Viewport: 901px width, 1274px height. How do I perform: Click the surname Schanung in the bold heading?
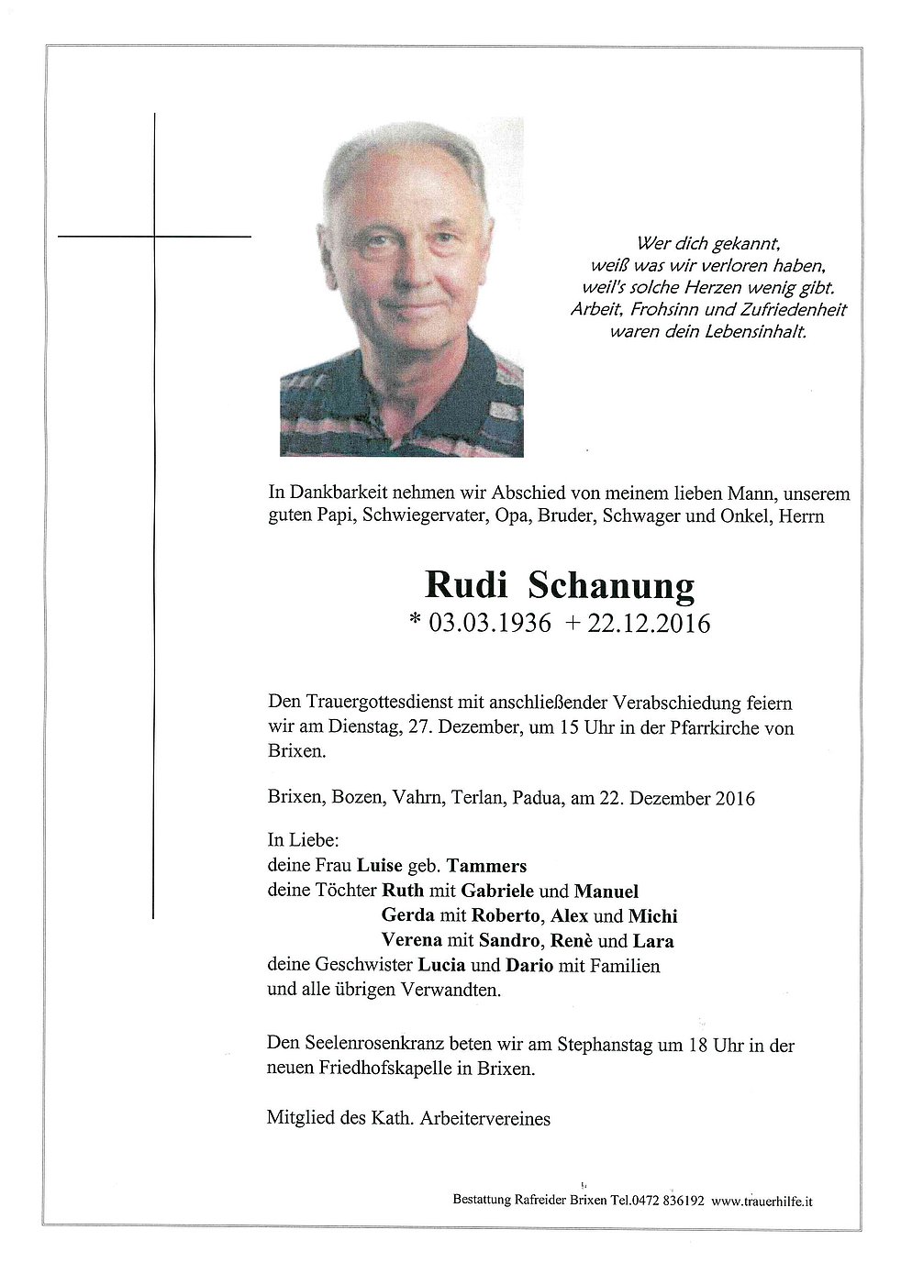[611, 584]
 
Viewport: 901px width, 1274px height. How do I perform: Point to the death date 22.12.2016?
[650, 624]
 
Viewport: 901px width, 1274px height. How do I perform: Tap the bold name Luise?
[380, 865]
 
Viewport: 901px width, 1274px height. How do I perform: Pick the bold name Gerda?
[408, 915]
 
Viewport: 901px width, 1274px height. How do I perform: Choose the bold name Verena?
[412, 940]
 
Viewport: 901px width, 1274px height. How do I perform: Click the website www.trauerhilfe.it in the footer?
[762, 1200]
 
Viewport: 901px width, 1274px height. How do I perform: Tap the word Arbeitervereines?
[485, 1118]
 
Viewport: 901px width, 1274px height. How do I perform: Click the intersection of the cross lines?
[154, 237]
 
